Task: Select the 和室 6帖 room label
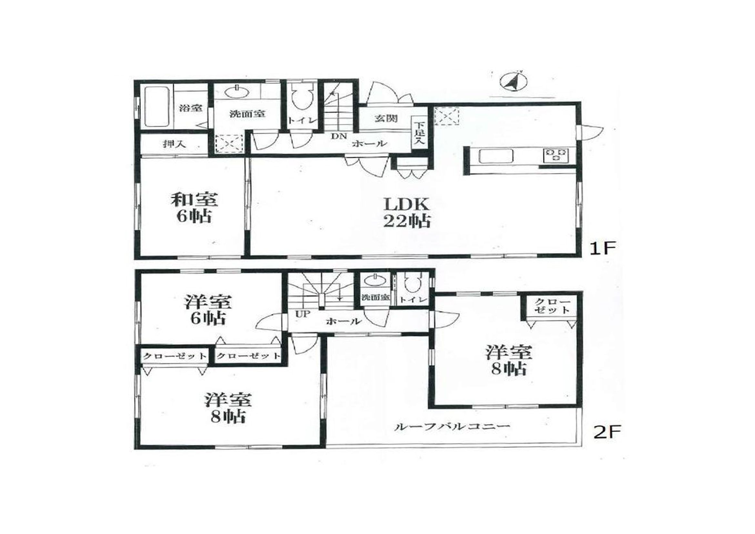coord(194,208)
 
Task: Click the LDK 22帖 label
coord(407,212)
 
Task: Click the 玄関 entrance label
coord(386,118)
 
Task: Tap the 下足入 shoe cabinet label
coord(419,134)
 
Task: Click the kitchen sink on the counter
coord(496,156)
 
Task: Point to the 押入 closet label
coord(175,144)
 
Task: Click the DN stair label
coord(339,136)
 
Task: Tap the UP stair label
coord(303,314)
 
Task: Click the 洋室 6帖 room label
coord(208,310)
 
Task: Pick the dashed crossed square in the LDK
coord(447,116)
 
